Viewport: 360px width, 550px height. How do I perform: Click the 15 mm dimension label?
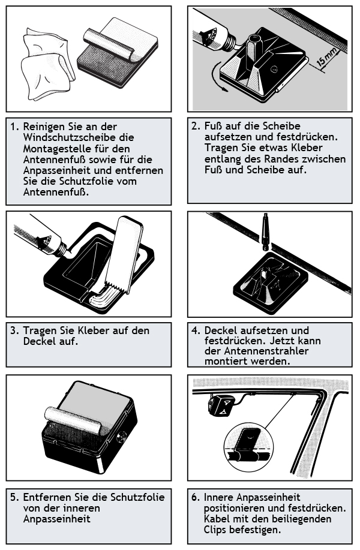327,58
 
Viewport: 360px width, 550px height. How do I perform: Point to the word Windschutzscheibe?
79,137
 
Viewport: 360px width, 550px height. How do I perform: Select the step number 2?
196,127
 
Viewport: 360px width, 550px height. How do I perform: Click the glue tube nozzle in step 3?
62,248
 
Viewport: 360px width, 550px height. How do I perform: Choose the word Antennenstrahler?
266,351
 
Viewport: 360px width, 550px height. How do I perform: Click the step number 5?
13,497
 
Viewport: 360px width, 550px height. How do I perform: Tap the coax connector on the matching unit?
121,437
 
